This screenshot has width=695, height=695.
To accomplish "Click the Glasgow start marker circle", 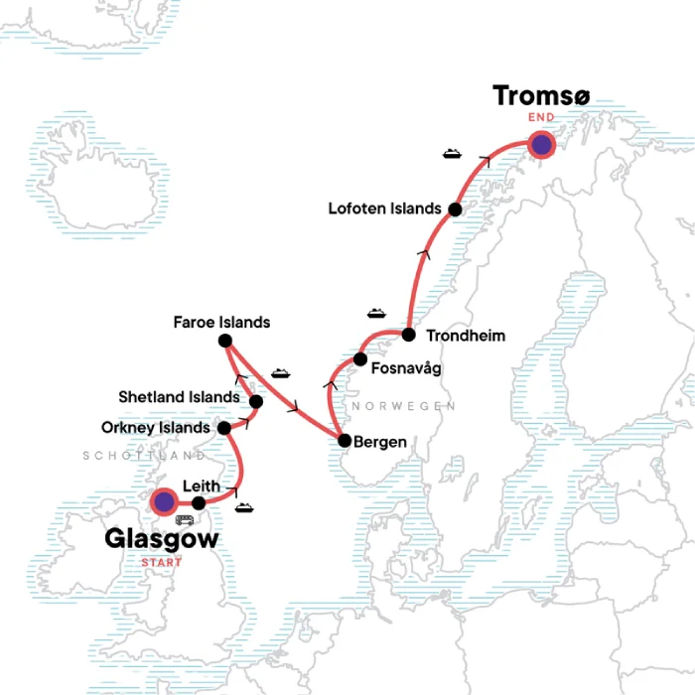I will click(163, 502).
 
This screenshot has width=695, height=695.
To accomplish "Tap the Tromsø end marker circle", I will click(541, 145).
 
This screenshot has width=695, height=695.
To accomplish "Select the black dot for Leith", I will click(199, 502).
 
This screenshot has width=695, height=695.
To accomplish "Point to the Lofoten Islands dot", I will click(455, 209).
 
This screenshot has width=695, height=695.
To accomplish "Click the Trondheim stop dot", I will click(408, 335).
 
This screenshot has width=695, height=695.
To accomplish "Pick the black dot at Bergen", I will click(344, 441).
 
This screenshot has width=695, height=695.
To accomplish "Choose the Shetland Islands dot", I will click(256, 402).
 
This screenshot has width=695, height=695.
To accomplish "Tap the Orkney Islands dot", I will click(224, 429).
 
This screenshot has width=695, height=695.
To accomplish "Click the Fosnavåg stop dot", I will click(360, 358).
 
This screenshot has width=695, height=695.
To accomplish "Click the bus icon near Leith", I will click(185, 519).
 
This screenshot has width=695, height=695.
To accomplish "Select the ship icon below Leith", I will click(244, 509).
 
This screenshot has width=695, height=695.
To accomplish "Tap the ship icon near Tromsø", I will click(452, 154).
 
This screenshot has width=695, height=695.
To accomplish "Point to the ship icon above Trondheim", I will click(376, 313).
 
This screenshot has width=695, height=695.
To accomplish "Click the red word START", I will click(163, 563).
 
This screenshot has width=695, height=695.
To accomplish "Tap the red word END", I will click(541, 116).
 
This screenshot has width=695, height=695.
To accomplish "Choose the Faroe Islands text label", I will click(221, 323).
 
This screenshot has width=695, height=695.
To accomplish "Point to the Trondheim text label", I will click(465, 336).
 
